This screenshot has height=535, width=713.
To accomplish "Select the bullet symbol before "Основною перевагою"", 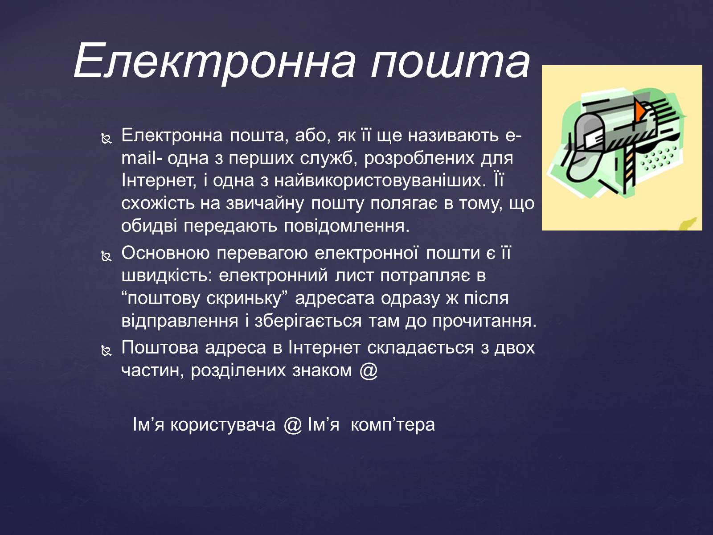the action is point(107,257).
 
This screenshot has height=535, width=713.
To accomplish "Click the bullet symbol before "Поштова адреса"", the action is point(107,350).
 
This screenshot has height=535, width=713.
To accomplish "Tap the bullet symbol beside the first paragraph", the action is point(107,139).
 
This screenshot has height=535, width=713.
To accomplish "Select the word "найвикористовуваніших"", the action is point(381,181).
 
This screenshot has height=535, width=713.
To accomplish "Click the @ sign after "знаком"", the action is point(369,370).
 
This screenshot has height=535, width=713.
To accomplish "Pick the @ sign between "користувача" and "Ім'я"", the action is point(293,425).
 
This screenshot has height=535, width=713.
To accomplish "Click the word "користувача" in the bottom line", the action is point(223,425).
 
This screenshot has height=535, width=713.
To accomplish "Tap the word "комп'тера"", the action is point(393,425).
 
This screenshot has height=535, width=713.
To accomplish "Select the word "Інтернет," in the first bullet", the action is point(159,181).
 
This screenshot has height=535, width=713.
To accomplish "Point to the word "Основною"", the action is point(166,253).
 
